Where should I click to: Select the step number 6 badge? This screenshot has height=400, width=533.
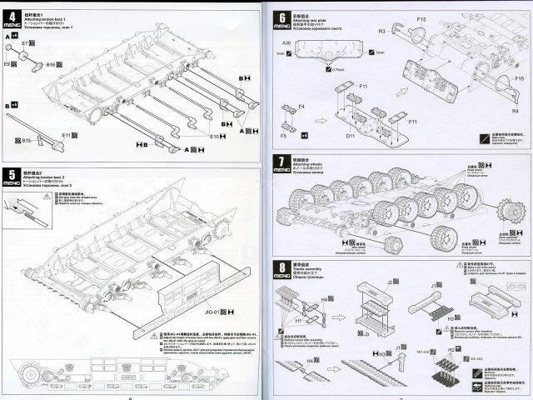[x=282, y=16]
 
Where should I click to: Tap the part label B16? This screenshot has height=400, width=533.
[x=50, y=64]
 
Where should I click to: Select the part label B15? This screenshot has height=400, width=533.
[x=25, y=140]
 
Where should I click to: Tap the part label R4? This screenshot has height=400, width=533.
[x=516, y=110]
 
